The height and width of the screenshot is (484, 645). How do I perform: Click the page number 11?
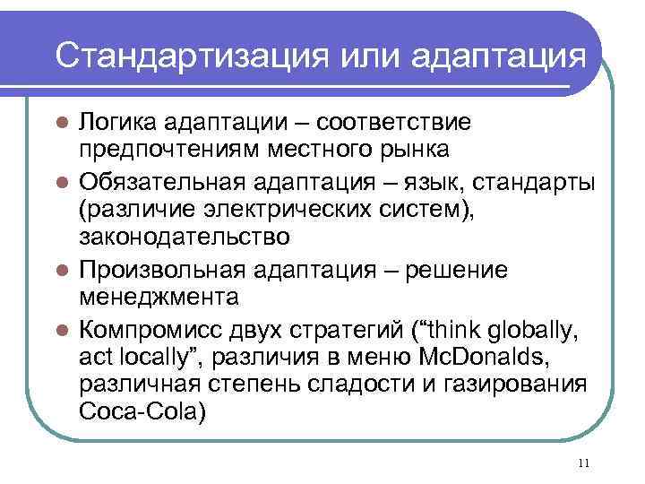[x=584, y=462]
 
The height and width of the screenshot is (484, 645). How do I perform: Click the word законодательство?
[x=184, y=238]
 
